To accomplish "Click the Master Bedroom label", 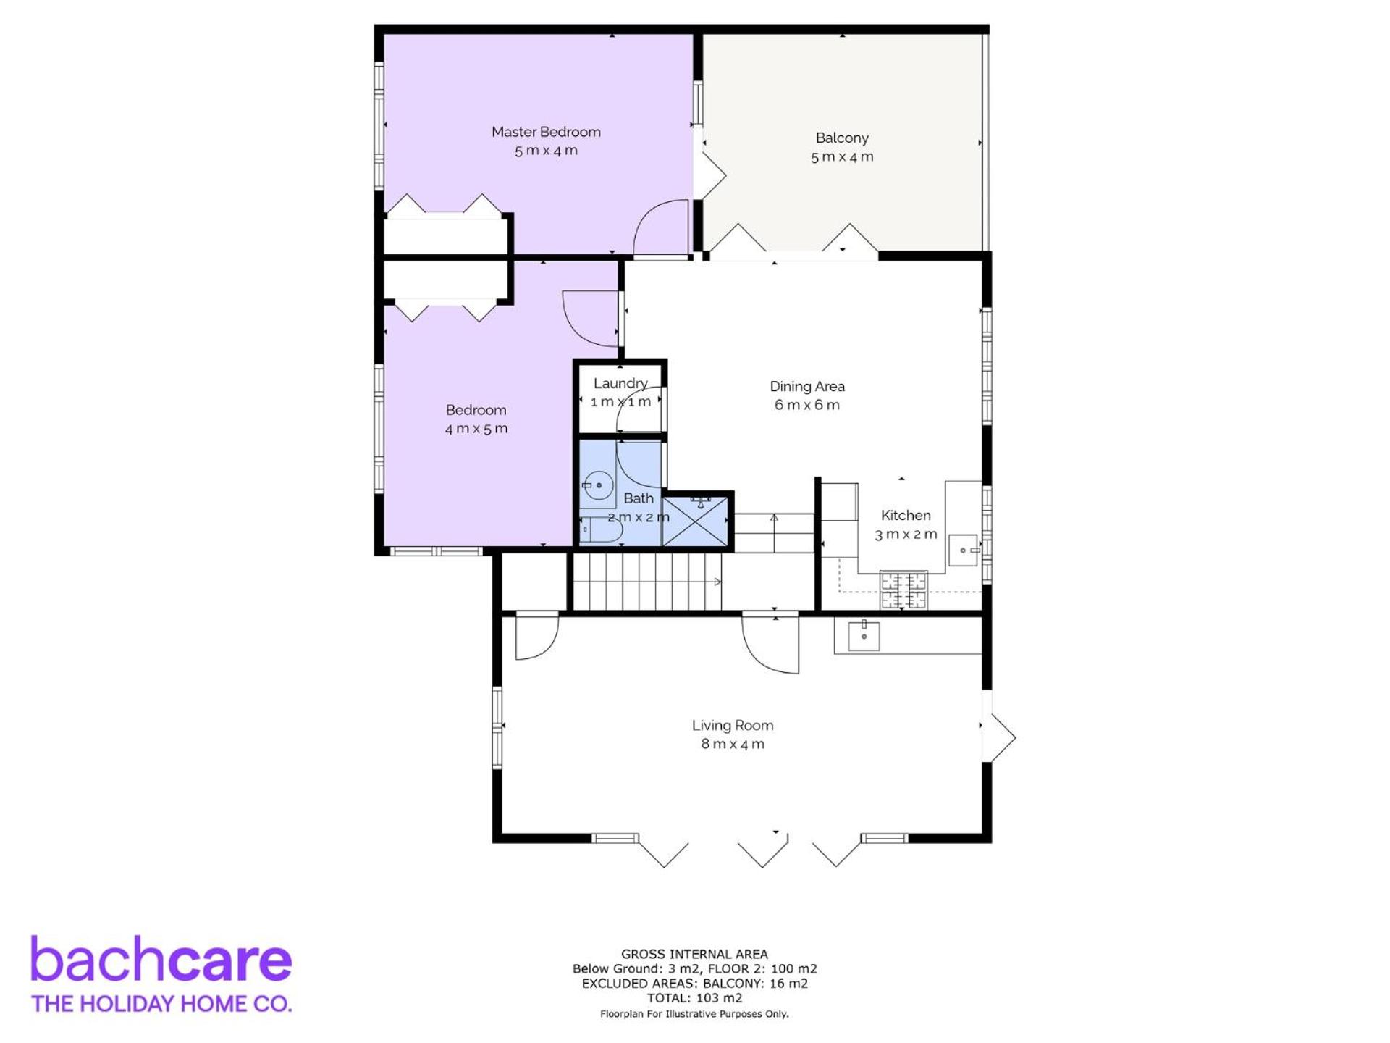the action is (x=546, y=132).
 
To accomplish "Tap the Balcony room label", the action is (x=842, y=138).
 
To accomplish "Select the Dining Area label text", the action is (x=807, y=386).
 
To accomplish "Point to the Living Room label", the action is (x=733, y=725).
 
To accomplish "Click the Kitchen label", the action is (x=906, y=515).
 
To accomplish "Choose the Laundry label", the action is (x=620, y=384).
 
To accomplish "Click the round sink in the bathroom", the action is (x=599, y=485).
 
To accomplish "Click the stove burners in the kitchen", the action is (x=903, y=590).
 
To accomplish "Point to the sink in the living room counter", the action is (x=864, y=636).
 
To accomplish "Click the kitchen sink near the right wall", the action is (x=964, y=550).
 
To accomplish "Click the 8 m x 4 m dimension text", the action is (x=733, y=744).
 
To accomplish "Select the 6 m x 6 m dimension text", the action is (x=807, y=405).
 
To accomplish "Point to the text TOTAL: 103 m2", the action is (x=695, y=998).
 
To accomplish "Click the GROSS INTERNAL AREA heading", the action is (x=695, y=955).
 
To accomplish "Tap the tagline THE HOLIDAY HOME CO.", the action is (x=161, y=1004).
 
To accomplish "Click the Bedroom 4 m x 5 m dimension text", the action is (x=476, y=429).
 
